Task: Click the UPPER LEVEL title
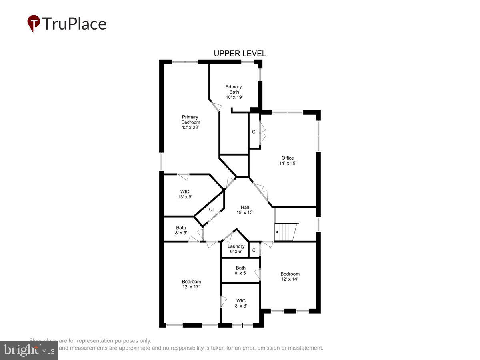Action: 240,54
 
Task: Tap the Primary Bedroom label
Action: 190,122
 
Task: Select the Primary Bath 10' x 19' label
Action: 234,92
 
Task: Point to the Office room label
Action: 288,160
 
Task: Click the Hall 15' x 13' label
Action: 245,210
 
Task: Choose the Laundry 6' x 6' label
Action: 236,249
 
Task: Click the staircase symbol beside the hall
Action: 286,232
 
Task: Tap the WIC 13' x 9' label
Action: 185,194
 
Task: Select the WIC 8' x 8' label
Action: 241,303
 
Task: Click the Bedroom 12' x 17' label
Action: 191,284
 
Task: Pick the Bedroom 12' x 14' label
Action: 290,276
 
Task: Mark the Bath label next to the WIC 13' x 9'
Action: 181,230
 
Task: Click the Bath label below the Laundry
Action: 241,270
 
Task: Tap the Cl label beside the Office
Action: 254,132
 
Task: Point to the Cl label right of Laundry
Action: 254,250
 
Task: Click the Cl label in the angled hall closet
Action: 211,210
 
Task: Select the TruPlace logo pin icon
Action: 34,23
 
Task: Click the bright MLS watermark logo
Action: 29,350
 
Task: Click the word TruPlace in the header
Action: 74,24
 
